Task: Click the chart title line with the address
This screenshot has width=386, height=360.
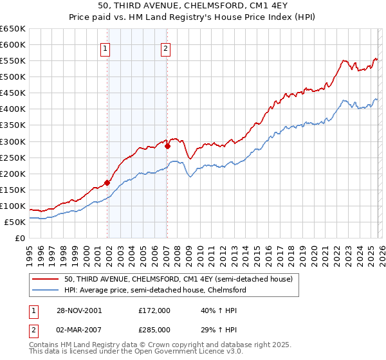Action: [x=192, y=6]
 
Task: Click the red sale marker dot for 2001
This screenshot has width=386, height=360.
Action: [x=107, y=183]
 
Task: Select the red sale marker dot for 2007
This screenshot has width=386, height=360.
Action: [x=167, y=146]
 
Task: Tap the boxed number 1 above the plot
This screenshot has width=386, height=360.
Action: [x=105, y=47]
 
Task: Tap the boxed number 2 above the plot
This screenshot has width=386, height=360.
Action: [x=165, y=47]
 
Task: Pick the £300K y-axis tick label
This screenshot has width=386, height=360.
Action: [x=12, y=141]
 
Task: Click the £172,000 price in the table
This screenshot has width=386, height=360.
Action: [x=154, y=310]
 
